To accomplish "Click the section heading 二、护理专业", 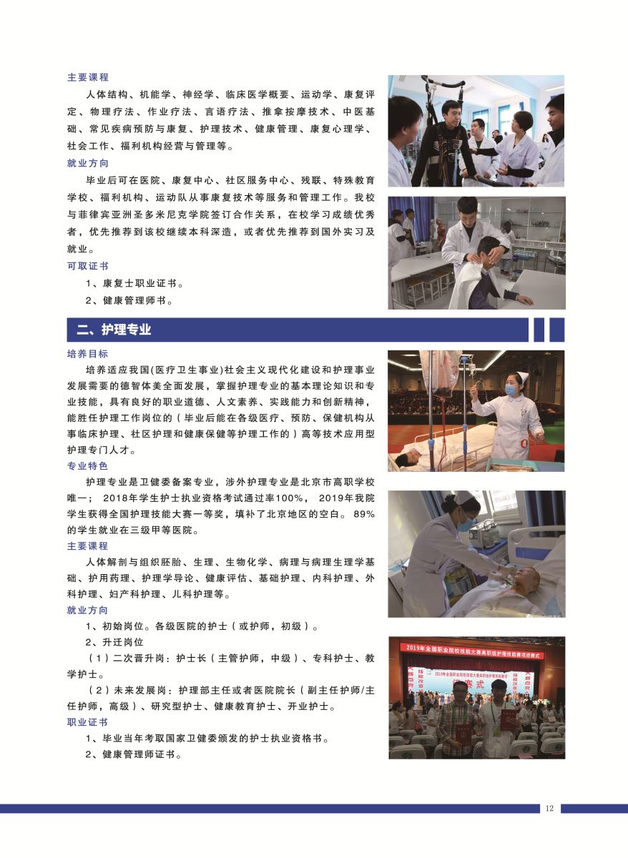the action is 114,330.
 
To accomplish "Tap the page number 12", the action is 549,808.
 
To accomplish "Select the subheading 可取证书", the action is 88,266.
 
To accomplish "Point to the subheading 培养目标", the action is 88,353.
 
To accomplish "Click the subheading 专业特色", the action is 88,465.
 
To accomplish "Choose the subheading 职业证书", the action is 88,722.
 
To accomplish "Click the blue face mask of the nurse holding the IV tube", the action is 511,390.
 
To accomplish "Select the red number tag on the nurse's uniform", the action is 524,443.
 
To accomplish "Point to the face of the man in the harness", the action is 451,116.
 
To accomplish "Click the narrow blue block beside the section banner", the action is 539,330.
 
